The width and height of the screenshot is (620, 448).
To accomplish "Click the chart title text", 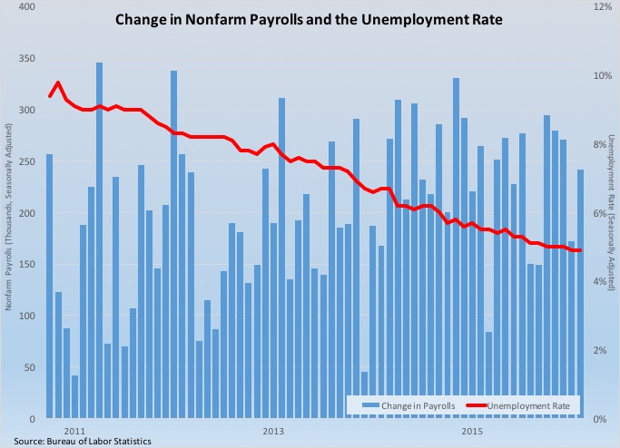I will point(308,18).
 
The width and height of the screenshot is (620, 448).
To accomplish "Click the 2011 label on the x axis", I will point(74,429).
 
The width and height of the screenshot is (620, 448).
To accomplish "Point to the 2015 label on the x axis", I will point(471,429).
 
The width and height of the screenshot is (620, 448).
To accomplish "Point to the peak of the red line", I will point(58,83).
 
